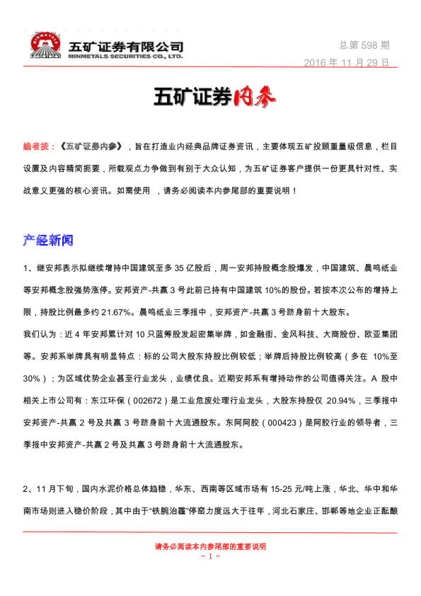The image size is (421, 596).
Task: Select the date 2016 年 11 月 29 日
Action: click(x=347, y=62)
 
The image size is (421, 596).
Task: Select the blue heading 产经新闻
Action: click(x=48, y=241)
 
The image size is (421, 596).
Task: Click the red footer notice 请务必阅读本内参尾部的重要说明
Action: click(x=210, y=546)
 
